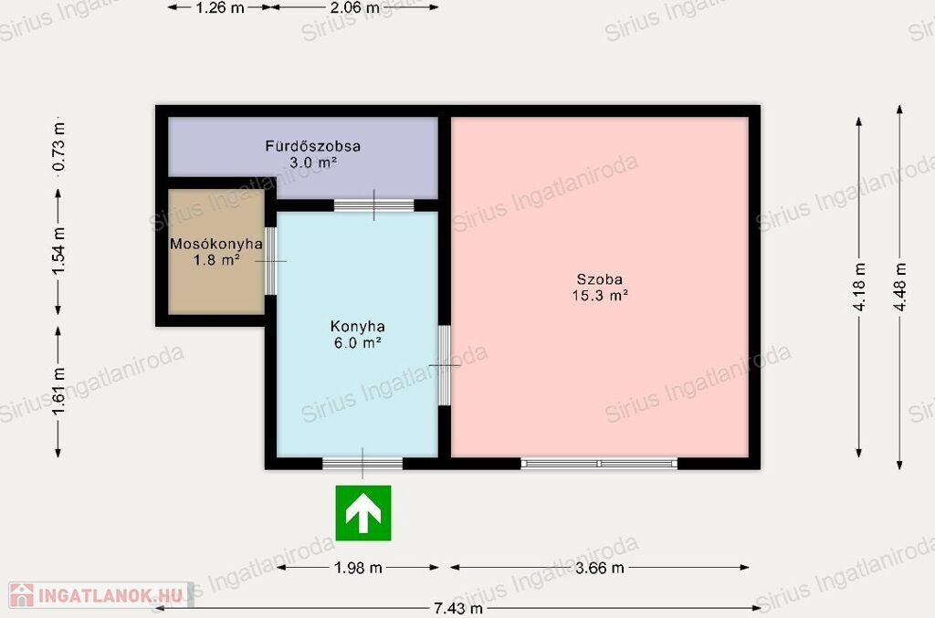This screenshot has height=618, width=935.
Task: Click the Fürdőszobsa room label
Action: pos(312,146)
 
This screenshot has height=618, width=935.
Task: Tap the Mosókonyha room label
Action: pos(215,244)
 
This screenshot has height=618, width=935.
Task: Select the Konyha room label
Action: pos(357,327)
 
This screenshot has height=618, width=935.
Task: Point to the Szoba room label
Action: pos(599,279)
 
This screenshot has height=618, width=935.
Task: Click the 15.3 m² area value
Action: pos(600,295)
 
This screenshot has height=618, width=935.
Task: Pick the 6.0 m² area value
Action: pos(357,342)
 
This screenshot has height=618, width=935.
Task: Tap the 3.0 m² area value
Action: pos(313,162)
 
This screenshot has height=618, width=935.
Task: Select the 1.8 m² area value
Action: pos(216,260)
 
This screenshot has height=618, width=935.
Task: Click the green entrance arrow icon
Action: pos(363,513)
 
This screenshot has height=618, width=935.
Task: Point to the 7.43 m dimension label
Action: pos(458,609)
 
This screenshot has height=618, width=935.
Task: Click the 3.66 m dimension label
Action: pos(599,568)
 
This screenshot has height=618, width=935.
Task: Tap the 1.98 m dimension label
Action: pos(358,568)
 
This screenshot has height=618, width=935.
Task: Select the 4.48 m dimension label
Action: pos(899,287)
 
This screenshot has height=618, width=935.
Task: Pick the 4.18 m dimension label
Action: pos(858,287)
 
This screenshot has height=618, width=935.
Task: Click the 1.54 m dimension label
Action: pos(58,252)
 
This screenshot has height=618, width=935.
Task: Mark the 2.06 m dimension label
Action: pos(355,7)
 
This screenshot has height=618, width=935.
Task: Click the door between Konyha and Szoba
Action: pos(445,365)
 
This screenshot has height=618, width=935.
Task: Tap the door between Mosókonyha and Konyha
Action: pos(270,261)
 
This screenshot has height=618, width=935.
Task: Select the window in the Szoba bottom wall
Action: pos(599,463)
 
